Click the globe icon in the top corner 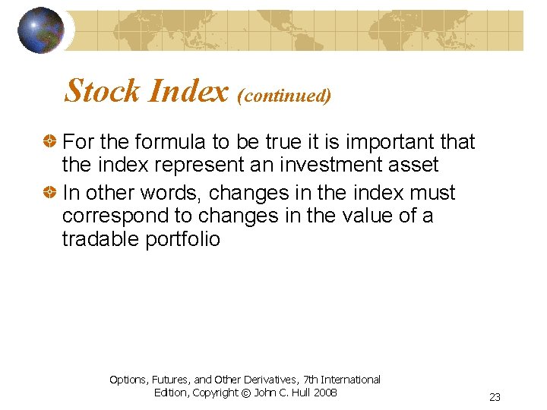(x=41, y=30)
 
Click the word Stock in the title (x=103, y=91)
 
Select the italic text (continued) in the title (x=284, y=95)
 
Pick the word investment (x=341, y=165)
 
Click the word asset (x=417, y=166)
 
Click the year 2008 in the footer (x=324, y=393)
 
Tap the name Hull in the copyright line (x=297, y=393)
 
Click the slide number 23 (x=495, y=397)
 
